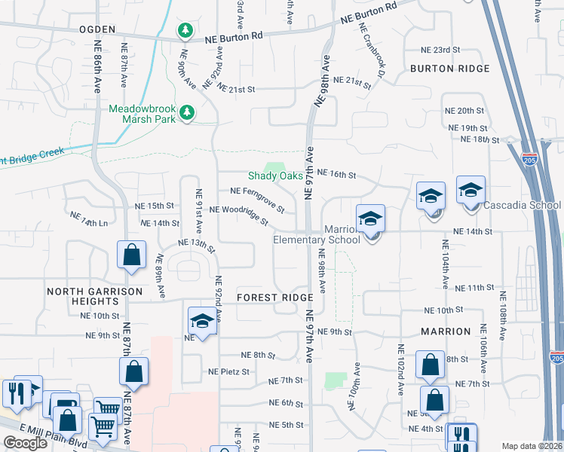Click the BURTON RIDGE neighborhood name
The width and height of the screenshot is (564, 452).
click(x=450, y=69)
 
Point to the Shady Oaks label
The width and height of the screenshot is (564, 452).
click(x=275, y=176)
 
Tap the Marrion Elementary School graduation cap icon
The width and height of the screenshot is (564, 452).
click(x=370, y=219)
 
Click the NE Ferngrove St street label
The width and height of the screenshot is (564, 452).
click(x=257, y=199)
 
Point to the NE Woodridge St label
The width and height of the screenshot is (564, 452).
click(x=238, y=215)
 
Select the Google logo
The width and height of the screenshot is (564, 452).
click(x=25, y=443)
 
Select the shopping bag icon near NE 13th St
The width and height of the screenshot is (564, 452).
click(x=131, y=255)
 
